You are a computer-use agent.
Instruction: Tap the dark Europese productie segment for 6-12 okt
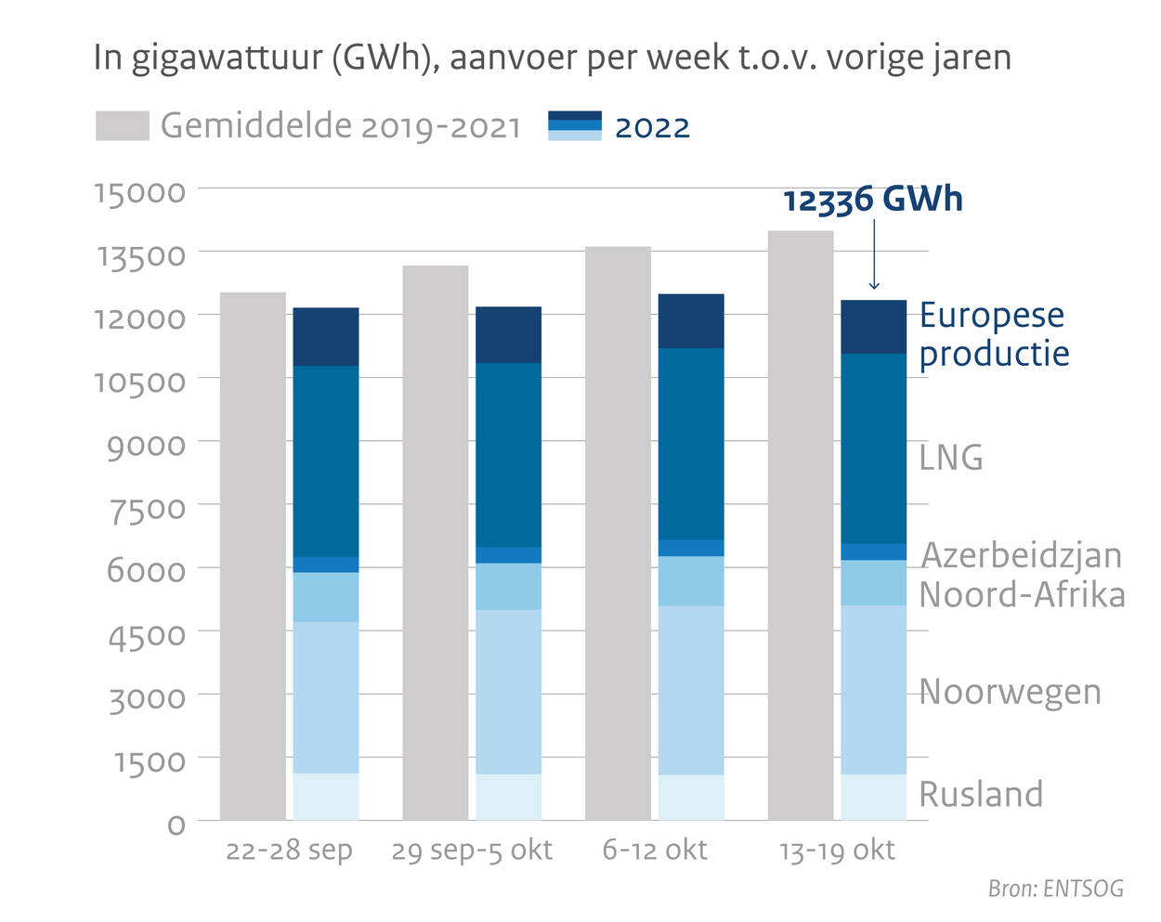click(691, 321)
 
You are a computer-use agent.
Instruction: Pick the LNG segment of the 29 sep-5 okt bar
click(508, 455)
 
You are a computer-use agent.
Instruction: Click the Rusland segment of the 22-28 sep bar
click(326, 797)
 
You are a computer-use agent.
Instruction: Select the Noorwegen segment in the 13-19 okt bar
click(873, 690)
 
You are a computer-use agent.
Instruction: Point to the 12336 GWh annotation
click(872, 200)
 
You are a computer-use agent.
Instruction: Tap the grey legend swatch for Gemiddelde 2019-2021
click(123, 126)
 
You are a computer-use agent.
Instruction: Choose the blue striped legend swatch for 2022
click(575, 126)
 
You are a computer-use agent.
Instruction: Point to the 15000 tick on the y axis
click(139, 191)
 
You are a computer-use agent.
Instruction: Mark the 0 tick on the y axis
click(176, 824)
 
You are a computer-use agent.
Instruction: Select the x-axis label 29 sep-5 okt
click(472, 851)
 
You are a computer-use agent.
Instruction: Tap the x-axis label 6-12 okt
click(655, 850)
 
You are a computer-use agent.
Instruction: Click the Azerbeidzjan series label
click(1021, 555)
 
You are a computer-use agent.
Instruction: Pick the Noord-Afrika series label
click(1022, 595)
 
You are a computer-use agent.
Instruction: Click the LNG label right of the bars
click(950, 458)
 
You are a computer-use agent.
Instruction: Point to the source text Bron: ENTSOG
click(1055, 889)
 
